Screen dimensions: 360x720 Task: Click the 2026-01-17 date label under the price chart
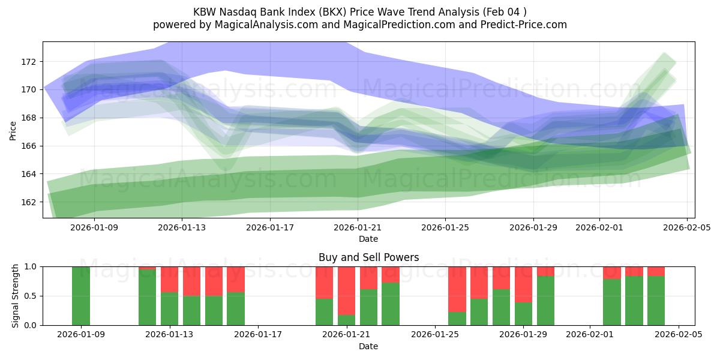click(270, 228)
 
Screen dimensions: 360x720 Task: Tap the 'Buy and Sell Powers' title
click(368, 257)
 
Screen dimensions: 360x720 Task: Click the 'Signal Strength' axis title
click(16, 296)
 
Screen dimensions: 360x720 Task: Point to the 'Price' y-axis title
click(13, 130)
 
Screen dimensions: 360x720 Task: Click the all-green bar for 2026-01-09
click(81, 296)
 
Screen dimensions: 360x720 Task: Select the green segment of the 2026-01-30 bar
click(545, 301)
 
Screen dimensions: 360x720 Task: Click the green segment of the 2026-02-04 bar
click(656, 301)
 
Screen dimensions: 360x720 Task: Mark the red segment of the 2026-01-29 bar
click(523, 284)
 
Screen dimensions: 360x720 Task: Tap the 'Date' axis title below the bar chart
click(368, 346)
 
